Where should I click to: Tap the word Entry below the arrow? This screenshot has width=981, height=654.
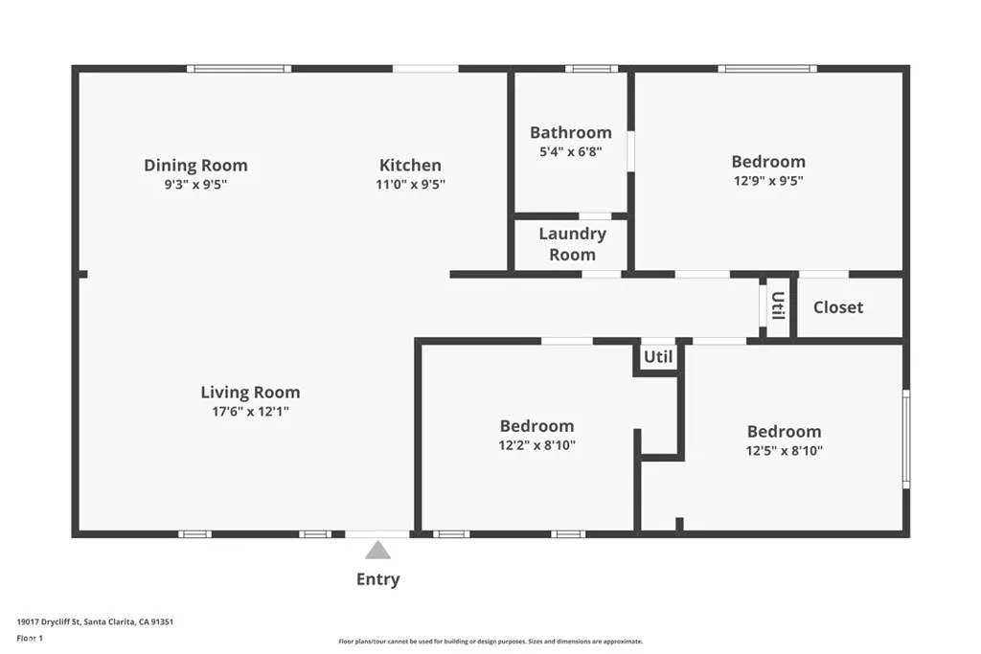[378, 579]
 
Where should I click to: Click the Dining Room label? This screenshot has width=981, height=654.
[195, 166]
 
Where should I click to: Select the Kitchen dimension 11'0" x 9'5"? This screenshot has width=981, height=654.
[410, 185]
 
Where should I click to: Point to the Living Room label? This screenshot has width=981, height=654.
[250, 392]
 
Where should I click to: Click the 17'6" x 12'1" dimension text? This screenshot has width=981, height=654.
[250, 412]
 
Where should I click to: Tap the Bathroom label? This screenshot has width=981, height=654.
[570, 132]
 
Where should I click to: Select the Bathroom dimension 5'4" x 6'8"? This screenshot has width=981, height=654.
[570, 151]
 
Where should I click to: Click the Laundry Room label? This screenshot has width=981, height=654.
[572, 244]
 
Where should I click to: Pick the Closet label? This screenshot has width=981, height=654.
[838, 307]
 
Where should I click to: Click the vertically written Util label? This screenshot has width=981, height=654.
[778, 305]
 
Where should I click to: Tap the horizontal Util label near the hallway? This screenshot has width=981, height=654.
[658, 357]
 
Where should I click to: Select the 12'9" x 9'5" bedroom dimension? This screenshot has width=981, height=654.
[768, 180]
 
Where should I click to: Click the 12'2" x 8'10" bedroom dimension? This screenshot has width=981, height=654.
[536, 445]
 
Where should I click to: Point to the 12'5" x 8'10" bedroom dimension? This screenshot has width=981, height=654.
[784, 450]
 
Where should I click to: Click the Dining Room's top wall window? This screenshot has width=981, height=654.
[239, 69]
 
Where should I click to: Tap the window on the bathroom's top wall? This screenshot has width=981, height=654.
[591, 69]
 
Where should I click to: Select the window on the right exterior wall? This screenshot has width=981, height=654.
[906, 440]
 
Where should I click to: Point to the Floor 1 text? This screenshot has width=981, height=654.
[30, 638]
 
